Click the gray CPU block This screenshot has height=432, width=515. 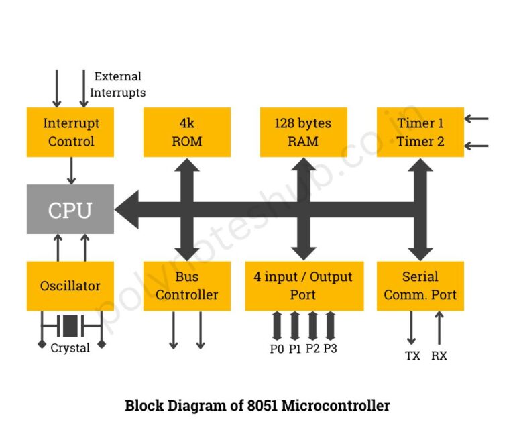coord(70,209)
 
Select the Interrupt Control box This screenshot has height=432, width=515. coord(70,132)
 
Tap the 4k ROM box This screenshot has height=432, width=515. coord(187,132)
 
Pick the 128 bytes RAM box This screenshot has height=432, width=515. coord(303,132)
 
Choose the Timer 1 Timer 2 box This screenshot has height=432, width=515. coord(420,132)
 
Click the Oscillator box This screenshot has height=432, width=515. coord(70,286)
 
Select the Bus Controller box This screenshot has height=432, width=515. coord(187,286)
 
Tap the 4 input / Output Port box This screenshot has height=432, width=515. coord(304,286)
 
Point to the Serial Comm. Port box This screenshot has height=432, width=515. coord(420,286)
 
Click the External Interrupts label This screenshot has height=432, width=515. coord(118,85)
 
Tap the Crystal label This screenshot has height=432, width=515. coord(70,348)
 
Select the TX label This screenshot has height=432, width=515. coord(412,356)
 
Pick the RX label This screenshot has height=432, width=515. coord(439,356)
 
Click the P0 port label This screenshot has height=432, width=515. coord(277,349)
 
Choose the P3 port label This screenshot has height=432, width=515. coord(330,349)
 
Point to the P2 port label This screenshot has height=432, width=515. coord(312,349)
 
